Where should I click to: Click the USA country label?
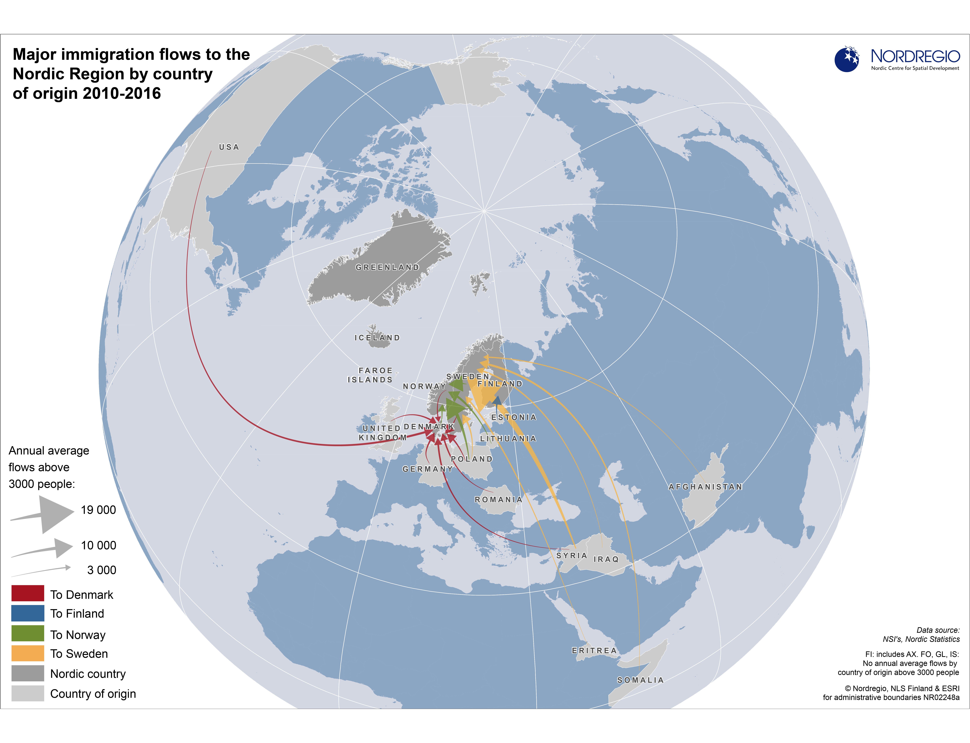click(x=229, y=147)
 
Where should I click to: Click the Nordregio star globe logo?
click(x=847, y=59)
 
